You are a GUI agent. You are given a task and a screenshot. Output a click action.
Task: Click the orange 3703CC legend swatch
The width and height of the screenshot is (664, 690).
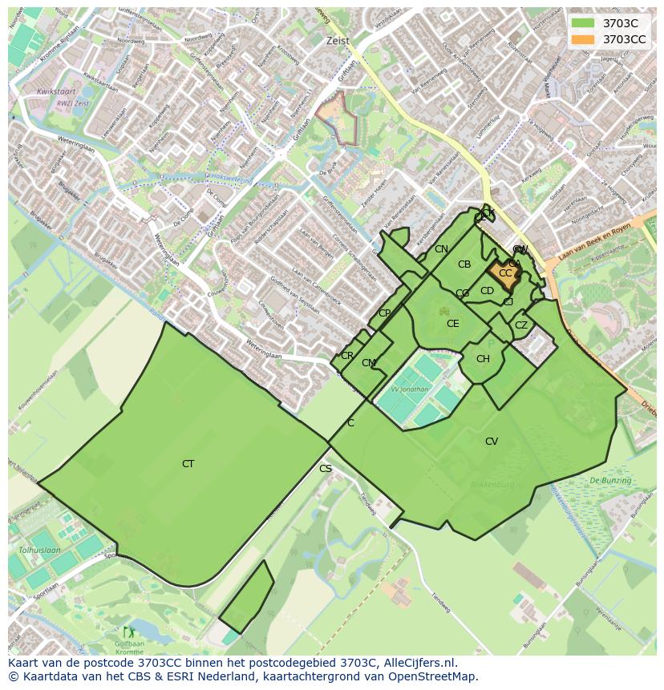pyautogui.click(x=583, y=39)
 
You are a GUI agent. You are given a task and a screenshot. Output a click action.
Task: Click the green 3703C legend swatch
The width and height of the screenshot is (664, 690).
pyautogui.click(x=583, y=23)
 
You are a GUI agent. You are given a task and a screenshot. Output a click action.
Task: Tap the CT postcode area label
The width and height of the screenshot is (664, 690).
pyautogui.click(x=188, y=464)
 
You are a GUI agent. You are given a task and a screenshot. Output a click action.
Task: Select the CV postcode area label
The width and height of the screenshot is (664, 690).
pyautogui.click(x=492, y=442)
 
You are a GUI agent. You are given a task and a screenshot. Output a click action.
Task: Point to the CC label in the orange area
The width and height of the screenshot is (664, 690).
pyautogui.click(x=505, y=273)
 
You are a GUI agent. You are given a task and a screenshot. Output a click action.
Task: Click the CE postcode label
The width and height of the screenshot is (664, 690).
pyautogui.click(x=453, y=324)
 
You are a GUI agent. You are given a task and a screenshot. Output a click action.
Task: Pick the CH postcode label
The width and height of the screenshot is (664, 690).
pyautogui.click(x=483, y=359)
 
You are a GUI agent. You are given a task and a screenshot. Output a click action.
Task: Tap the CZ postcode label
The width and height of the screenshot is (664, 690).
pyautogui.click(x=521, y=325)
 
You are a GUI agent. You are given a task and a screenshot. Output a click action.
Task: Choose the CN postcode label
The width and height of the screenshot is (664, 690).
pyautogui.click(x=441, y=249)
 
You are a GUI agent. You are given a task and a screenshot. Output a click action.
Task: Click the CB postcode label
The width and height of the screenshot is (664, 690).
pyautogui.click(x=464, y=264)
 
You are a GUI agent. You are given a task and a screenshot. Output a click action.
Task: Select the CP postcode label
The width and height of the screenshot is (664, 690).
pyautogui.click(x=384, y=313)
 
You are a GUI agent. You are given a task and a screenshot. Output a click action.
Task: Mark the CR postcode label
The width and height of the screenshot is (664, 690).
pyautogui.click(x=347, y=356)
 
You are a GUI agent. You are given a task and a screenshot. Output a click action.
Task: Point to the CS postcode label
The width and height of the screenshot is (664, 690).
pyautogui.click(x=326, y=469)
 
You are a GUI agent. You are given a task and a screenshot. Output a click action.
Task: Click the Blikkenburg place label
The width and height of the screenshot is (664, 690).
pyautogui.click(x=492, y=485)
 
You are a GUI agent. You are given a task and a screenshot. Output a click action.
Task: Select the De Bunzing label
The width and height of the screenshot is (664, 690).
pyautogui.click(x=610, y=480)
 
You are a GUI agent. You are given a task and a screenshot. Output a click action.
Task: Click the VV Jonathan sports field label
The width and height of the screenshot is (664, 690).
pyautogui.click(x=410, y=389)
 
